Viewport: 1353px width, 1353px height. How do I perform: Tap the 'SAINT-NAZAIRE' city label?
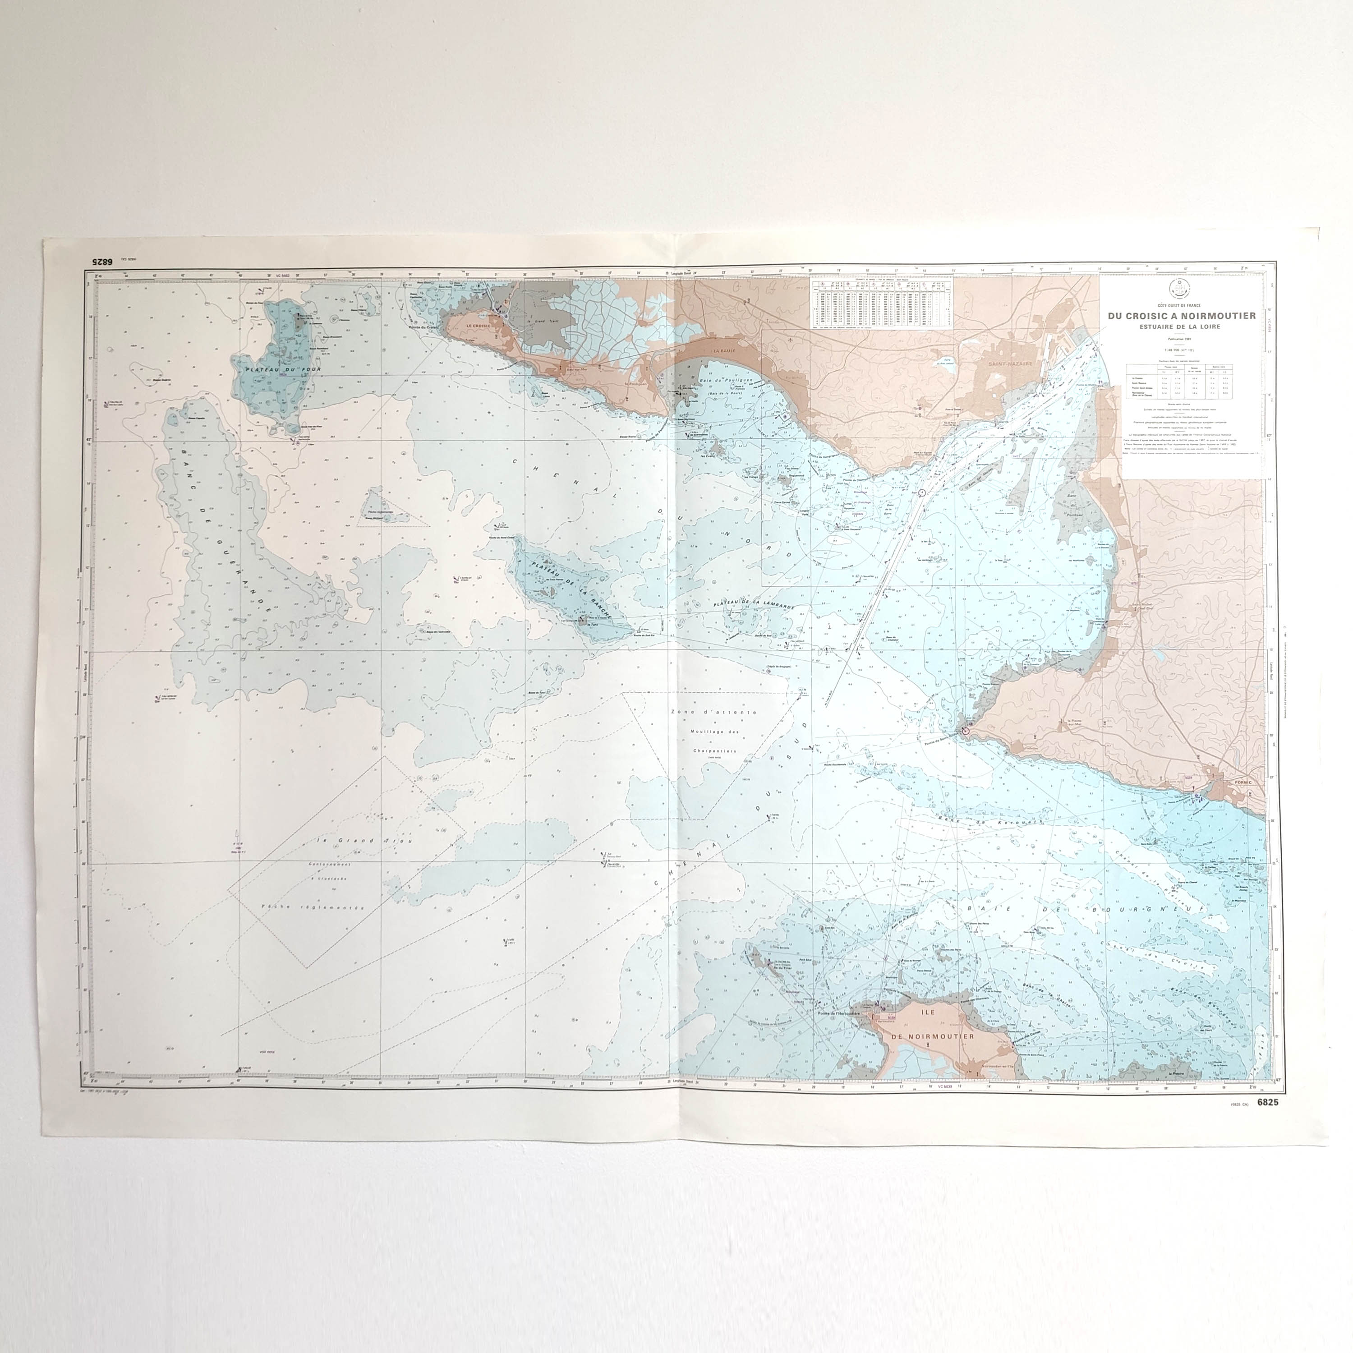(1009, 364)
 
